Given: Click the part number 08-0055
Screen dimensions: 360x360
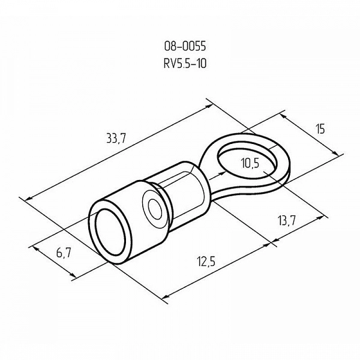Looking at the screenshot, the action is pyautogui.click(x=185, y=46).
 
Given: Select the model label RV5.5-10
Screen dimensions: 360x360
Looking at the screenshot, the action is pyautogui.click(x=185, y=64).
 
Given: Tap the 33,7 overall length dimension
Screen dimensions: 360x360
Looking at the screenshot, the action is pyautogui.click(x=116, y=139).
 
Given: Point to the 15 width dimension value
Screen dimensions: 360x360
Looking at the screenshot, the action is pyautogui.click(x=320, y=129).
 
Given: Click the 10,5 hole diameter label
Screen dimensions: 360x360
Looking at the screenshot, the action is pyautogui.click(x=250, y=163).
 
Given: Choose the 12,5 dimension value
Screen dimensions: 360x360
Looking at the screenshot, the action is pyautogui.click(x=206, y=262).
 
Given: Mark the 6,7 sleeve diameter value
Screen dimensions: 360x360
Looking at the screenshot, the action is pyautogui.click(x=64, y=253).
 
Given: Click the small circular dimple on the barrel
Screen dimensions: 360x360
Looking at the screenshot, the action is pyautogui.click(x=155, y=208).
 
